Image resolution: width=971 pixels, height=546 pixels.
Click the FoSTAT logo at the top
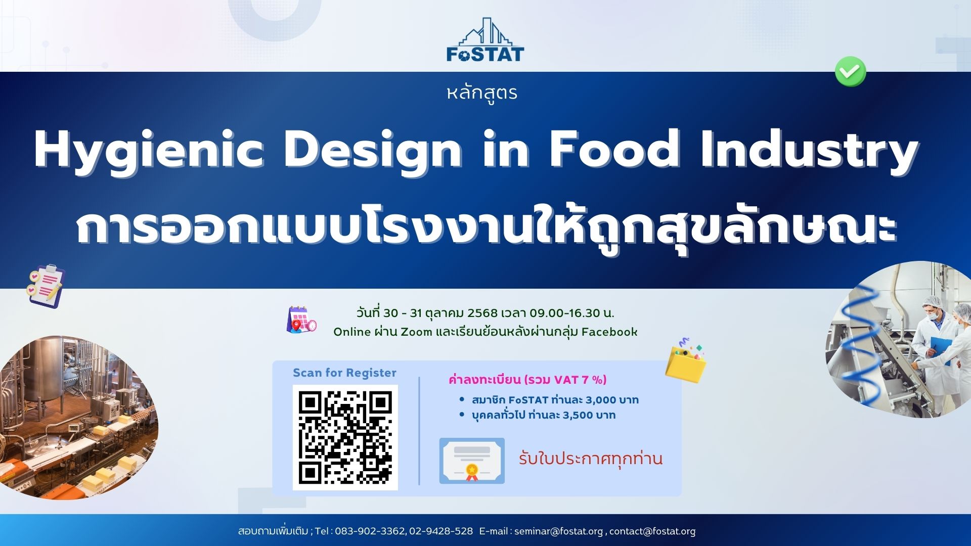coord(485,40)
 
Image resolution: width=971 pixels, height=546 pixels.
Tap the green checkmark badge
coord(850,72)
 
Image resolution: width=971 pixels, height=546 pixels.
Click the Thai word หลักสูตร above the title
coord(482,93)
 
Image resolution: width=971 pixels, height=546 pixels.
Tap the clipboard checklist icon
coord(46,285)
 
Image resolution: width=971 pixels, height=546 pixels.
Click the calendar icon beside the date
coord(301,320)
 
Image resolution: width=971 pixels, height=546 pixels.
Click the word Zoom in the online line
coord(416,332)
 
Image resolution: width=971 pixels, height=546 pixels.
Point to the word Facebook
coord(609,332)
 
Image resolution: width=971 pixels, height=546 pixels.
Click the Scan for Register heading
coord(344,373)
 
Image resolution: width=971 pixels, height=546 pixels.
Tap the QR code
coord(345,437)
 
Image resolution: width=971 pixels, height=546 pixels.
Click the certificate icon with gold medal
coord(472,461)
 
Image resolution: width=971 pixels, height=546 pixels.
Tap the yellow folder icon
coord(686,360)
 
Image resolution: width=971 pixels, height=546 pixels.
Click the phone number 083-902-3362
coord(370,531)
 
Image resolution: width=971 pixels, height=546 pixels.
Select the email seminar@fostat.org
coord(558,531)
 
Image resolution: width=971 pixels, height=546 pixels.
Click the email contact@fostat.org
coord(652,531)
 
